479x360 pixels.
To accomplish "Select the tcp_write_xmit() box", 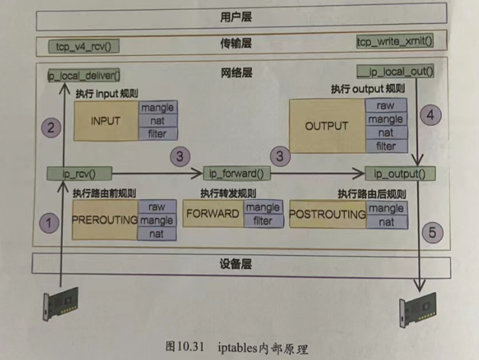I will click(395, 42).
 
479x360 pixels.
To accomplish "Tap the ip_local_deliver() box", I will click(84, 75).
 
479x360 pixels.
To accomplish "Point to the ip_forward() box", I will click(237, 173).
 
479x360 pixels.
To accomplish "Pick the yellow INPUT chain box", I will click(106, 121).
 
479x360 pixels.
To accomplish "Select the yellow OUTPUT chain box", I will click(326, 126).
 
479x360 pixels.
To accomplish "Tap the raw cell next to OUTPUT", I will click(386, 106).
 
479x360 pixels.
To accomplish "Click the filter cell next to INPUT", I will click(157, 134).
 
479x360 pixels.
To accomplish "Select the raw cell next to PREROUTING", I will click(156, 207).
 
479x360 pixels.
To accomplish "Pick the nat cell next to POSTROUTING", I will click(388, 222).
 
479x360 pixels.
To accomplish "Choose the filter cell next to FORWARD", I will click(263, 221).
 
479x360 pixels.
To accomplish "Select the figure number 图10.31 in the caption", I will click(186, 346).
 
